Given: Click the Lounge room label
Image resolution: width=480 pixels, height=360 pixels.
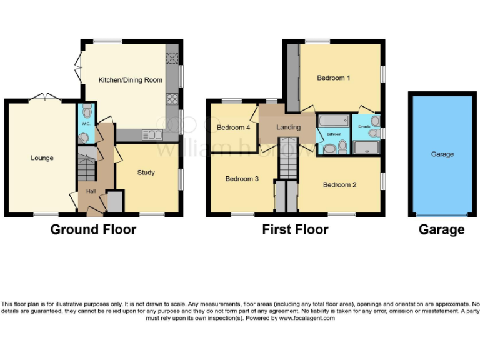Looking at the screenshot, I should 42,158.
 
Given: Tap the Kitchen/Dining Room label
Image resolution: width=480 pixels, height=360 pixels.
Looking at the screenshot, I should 131,80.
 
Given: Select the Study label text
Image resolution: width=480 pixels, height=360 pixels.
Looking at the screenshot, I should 146,172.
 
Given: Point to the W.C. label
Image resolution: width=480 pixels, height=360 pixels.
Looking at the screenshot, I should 86,123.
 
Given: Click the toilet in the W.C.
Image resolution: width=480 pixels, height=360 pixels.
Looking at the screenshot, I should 86,111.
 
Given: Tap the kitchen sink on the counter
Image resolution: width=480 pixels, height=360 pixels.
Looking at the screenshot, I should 152,134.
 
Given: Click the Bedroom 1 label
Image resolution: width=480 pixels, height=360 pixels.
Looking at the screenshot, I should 333,78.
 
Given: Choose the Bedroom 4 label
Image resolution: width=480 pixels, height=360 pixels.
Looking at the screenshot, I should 233,127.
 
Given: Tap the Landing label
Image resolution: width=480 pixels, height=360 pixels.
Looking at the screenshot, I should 288,127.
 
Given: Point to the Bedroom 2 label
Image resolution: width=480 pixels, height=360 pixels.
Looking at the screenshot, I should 339,185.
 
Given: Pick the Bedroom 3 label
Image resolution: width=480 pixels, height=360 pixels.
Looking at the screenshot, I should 242,179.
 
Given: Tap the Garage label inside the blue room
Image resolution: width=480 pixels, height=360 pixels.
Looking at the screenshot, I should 442,154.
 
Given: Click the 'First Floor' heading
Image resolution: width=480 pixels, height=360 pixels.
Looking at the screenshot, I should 295,230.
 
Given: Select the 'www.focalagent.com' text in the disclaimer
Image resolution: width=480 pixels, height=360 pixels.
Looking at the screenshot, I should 307,318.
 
